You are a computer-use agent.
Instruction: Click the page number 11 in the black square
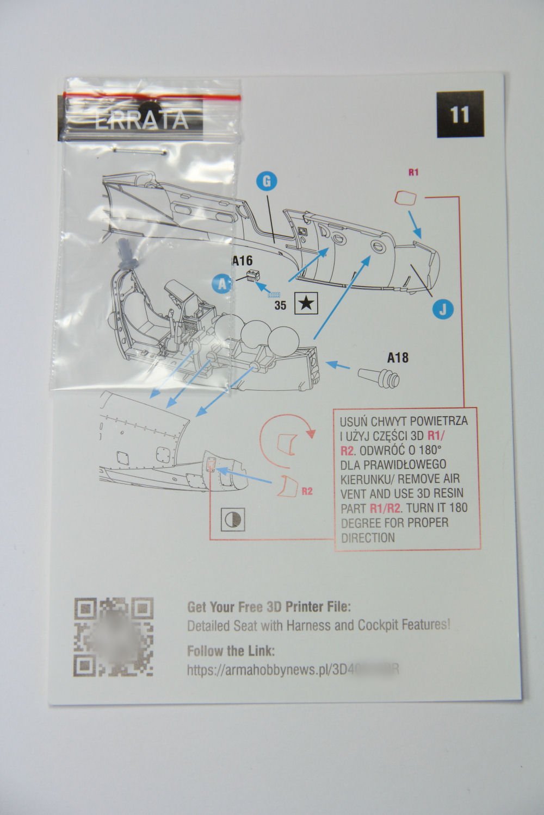point(459,115)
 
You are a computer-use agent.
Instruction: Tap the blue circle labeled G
point(266,180)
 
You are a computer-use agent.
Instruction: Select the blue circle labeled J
point(443,309)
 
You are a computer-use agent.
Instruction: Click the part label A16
point(242,261)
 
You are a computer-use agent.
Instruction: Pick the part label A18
point(398,358)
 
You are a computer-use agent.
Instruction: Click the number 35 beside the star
point(280,305)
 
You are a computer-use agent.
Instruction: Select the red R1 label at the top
point(413,173)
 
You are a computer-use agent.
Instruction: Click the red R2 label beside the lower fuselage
point(307,491)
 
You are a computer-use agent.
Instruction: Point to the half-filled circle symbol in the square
point(233,520)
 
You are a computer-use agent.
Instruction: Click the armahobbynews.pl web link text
point(294,669)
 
